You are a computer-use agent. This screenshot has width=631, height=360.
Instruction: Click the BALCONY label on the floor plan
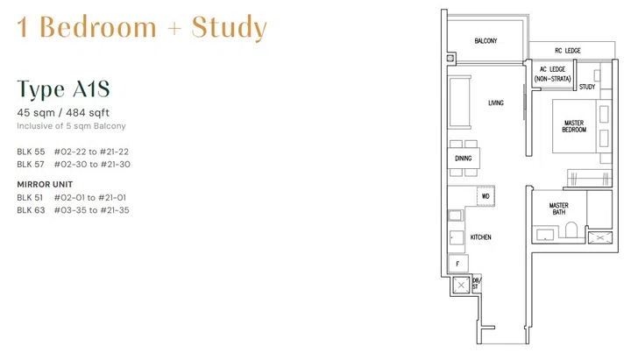pos(486,41)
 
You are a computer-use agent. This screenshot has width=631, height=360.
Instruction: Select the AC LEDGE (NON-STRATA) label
pos(553,74)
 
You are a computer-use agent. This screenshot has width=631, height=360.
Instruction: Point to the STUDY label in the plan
pos(587,87)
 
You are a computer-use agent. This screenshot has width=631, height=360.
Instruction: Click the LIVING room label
pos(496,103)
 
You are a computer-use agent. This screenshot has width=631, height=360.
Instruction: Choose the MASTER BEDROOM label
pos(574,126)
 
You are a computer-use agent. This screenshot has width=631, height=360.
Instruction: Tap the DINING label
pos(463,159)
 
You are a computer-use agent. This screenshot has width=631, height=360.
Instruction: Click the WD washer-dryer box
pos(486,196)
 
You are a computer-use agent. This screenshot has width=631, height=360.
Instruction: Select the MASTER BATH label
pos(559,210)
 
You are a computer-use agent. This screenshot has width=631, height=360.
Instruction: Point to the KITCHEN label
pos(480,237)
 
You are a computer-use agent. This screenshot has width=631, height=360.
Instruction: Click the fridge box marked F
pos(457,263)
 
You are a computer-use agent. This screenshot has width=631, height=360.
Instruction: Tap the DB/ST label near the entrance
pos(476,283)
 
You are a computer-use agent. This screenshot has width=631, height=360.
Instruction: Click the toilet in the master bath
pos(571,230)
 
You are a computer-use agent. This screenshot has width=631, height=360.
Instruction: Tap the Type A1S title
pos(63,89)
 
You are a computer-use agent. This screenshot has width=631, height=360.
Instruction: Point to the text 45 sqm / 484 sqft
pos(63,112)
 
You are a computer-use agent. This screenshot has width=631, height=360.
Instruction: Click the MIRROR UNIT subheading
pos(45,185)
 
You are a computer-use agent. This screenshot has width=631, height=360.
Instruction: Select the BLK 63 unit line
pos(74,210)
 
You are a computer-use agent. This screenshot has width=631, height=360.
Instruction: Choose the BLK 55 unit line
pos(73,152)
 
